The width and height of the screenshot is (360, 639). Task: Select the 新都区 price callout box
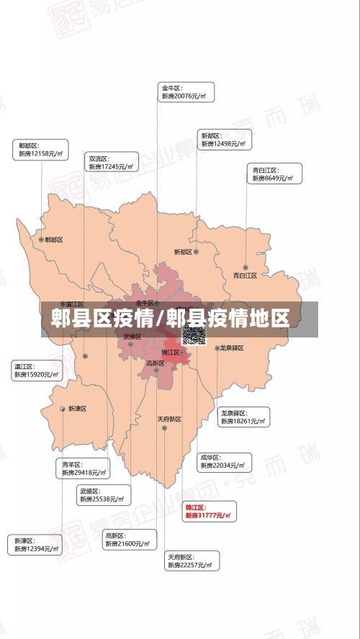(225, 140)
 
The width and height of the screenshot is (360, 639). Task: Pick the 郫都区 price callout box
(41, 150)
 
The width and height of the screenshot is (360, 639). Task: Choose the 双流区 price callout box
(112, 163)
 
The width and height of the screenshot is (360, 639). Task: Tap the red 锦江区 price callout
(209, 512)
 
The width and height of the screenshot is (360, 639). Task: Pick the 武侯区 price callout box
(102, 495)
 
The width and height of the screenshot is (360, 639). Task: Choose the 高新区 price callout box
(128, 540)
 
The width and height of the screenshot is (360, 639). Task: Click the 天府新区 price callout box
(192, 561)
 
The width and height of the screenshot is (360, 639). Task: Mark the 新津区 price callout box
(35, 545)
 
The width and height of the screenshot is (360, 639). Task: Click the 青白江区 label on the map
(245, 275)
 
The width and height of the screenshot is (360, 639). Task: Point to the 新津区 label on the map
(77, 409)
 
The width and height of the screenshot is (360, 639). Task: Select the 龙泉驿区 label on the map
(232, 348)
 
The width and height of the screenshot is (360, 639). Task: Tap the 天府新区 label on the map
(169, 419)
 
